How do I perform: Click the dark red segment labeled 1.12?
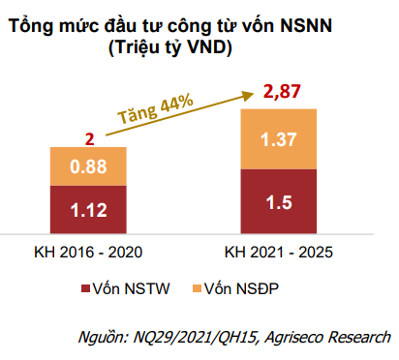click(88, 207)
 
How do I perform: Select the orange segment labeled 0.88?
click(88, 167)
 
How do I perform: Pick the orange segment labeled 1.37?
click(279, 141)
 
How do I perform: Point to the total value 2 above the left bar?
click(89, 138)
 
